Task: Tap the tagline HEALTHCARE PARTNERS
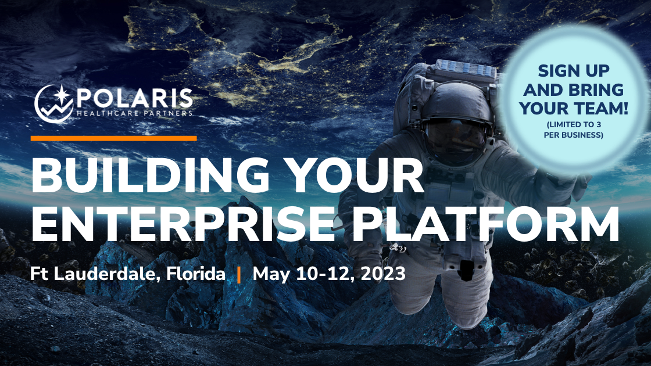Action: click(x=135, y=113)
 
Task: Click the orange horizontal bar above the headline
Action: click(x=114, y=138)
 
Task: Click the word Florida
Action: click(x=196, y=274)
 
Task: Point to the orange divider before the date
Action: click(x=239, y=275)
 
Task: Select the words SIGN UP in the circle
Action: click(x=573, y=71)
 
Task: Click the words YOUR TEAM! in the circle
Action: click(x=573, y=108)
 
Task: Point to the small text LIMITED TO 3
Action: click(x=573, y=124)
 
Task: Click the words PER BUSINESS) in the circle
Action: click(x=573, y=135)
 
